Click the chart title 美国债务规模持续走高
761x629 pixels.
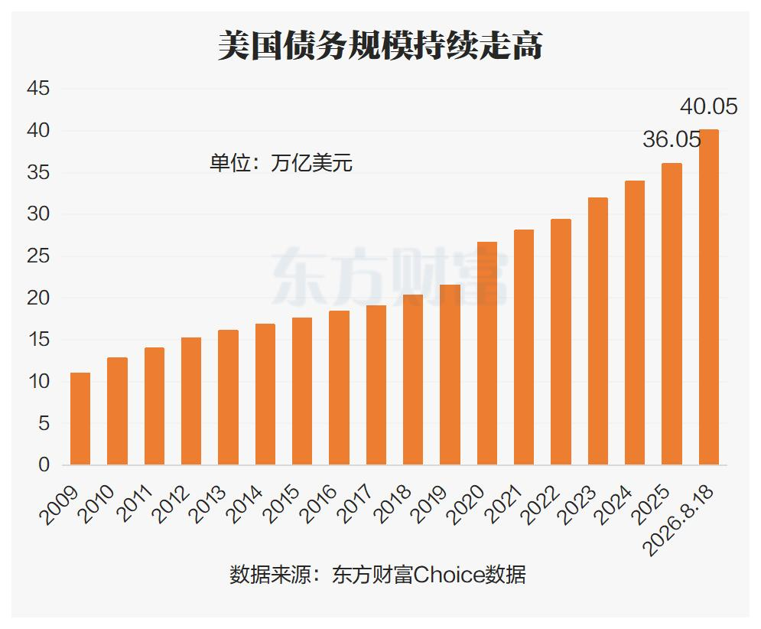click(380, 46)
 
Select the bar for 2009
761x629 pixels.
click(80, 419)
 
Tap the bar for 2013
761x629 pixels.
click(228, 397)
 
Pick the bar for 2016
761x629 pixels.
click(339, 388)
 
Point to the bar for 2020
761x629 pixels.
click(486, 353)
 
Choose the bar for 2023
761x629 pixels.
click(597, 331)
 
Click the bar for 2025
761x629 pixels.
click(672, 314)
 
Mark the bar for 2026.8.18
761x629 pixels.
click(708, 297)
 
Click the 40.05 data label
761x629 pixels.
click(708, 106)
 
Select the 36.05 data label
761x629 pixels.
click(672, 139)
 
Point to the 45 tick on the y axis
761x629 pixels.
click(38, 89)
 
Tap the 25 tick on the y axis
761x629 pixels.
click(38, 256)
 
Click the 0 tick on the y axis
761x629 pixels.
click(44, 464)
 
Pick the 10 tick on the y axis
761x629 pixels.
click(38, 381)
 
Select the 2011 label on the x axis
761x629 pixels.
click(135, 504)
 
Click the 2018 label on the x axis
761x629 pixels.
click(393, 504)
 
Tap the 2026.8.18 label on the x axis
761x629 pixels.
click(678, 520)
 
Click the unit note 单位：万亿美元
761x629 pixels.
click(281, 163)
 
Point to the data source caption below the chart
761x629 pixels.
click(378, 575)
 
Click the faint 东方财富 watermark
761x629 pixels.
click(390, 276)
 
